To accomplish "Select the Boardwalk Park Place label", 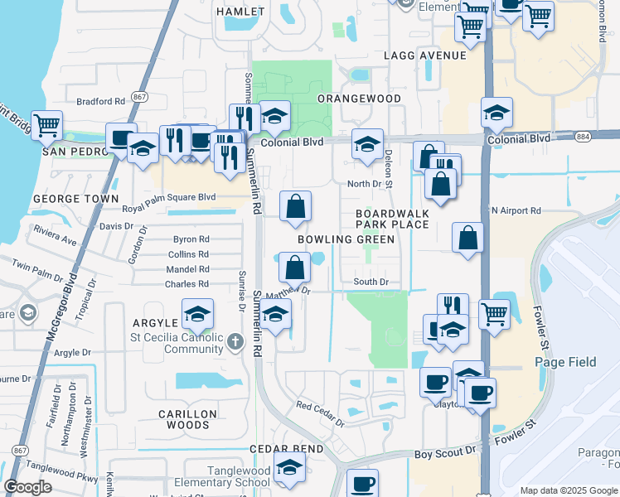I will (392, 219).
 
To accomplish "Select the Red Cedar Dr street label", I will (321, 413).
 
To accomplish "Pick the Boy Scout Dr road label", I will (446, 452).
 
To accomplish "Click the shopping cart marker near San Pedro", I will (47, 125).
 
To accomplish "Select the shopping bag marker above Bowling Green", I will (295, 206).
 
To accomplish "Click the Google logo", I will (28, 487).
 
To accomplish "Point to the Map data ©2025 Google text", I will (568, 490).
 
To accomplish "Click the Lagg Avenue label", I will (425, 55).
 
